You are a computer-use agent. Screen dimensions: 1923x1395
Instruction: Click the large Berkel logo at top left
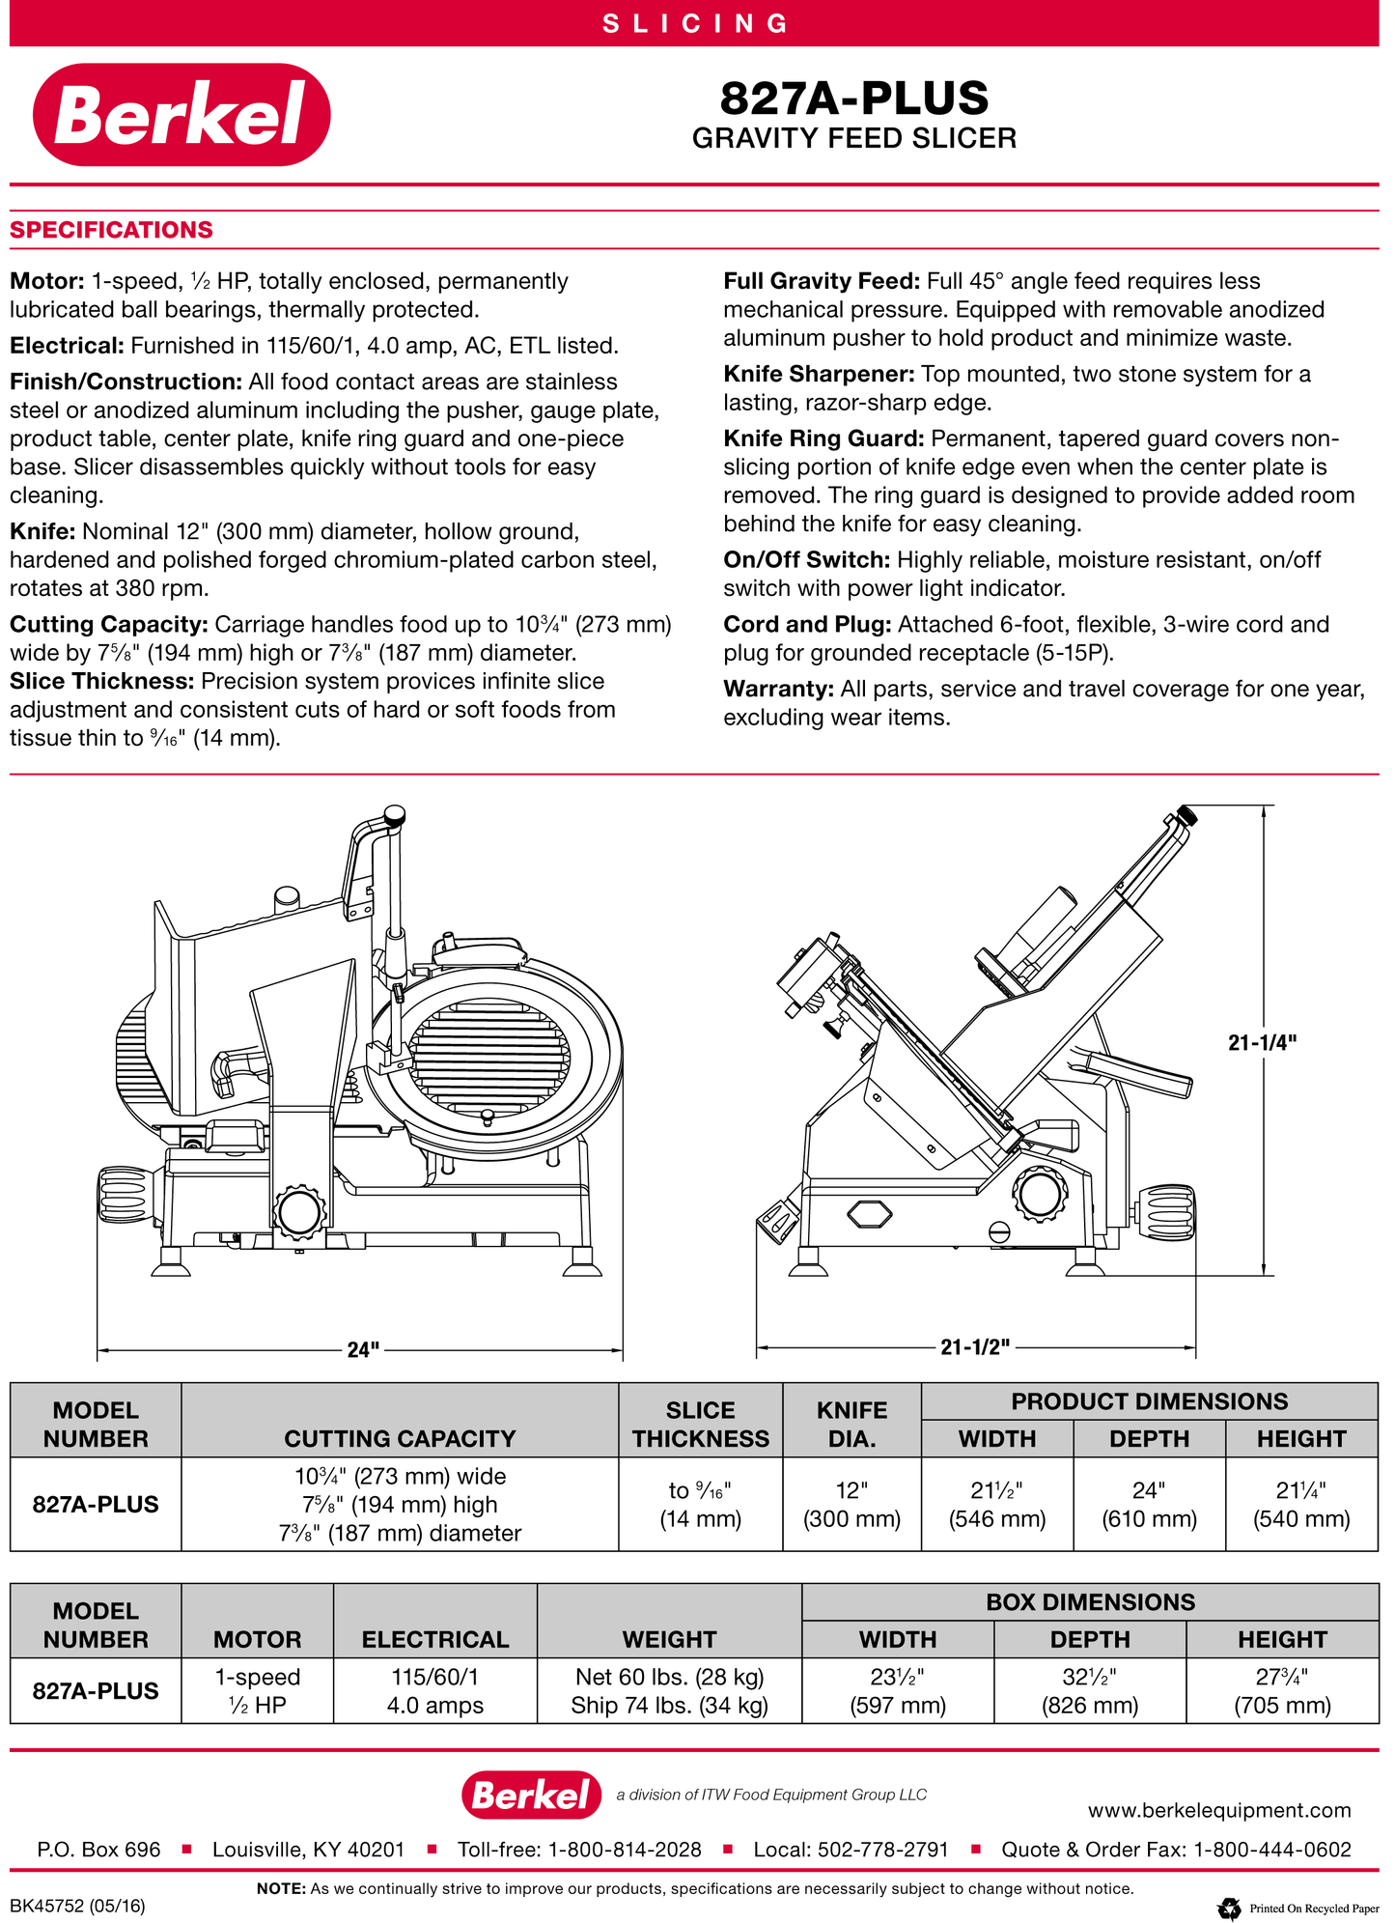click(x=181, y=114)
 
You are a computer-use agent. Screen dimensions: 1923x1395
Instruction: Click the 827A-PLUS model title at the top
click(x=853, y=99)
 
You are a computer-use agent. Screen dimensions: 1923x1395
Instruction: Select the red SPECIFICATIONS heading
click(x=111, y=230)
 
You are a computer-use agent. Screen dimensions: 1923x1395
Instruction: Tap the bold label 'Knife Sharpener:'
click(x=819, y=374)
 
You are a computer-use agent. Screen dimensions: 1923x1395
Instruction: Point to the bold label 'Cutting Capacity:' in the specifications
click(x=109, y=624)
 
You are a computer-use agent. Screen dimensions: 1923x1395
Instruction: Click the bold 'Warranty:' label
click(x=778, y=689)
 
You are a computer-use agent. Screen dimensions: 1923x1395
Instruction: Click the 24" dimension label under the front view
click(x=363, y=1348)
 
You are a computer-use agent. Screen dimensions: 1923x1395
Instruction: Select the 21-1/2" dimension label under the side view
click(x=974, y=1346)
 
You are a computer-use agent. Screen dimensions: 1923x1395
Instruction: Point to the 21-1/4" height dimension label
click(x=1262, y=1042)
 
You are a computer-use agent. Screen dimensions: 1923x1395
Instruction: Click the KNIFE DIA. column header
click(x=851, y=1424)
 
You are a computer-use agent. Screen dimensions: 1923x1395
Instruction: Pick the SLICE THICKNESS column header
click(x=700, y=1424)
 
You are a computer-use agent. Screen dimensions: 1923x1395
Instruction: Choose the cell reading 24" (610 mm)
click(x=1149, y=1504)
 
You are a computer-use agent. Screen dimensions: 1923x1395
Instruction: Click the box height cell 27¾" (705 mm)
click(x=1281, y=1690)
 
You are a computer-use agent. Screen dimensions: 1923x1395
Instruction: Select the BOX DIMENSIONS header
click(x=1090, y=1601)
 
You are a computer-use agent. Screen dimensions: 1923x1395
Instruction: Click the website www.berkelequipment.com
click(x=1218, y=1810)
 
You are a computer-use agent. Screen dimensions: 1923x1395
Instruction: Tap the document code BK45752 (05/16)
click(x=77, y=1906)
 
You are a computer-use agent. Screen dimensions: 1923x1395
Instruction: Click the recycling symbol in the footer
click(x=1229, y=1909)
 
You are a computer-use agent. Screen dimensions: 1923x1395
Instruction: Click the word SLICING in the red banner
click(x=696, y=23)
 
